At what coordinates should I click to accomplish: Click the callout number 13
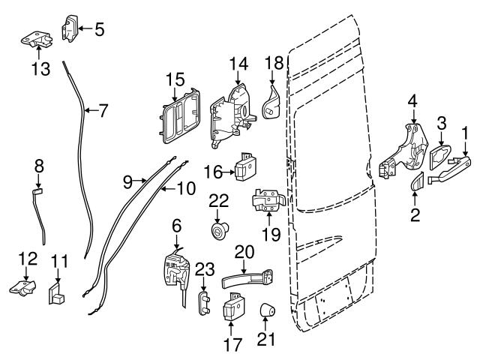40,69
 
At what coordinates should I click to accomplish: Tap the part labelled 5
70,28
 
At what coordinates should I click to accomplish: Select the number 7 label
103,111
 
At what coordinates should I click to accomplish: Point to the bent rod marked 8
40,216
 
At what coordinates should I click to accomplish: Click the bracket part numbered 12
23,288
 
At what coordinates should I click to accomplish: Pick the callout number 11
59,262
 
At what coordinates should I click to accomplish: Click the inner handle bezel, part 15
180,116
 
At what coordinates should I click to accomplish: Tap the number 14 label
238,64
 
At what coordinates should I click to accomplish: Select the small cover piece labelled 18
271,103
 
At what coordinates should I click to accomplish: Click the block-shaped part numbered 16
246,166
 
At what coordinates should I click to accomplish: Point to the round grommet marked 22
219,230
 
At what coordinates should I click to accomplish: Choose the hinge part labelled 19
268,200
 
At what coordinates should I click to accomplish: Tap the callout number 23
205,270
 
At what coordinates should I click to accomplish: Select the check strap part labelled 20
247,278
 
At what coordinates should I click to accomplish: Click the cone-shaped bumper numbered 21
267,311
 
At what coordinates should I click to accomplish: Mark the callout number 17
233,345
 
